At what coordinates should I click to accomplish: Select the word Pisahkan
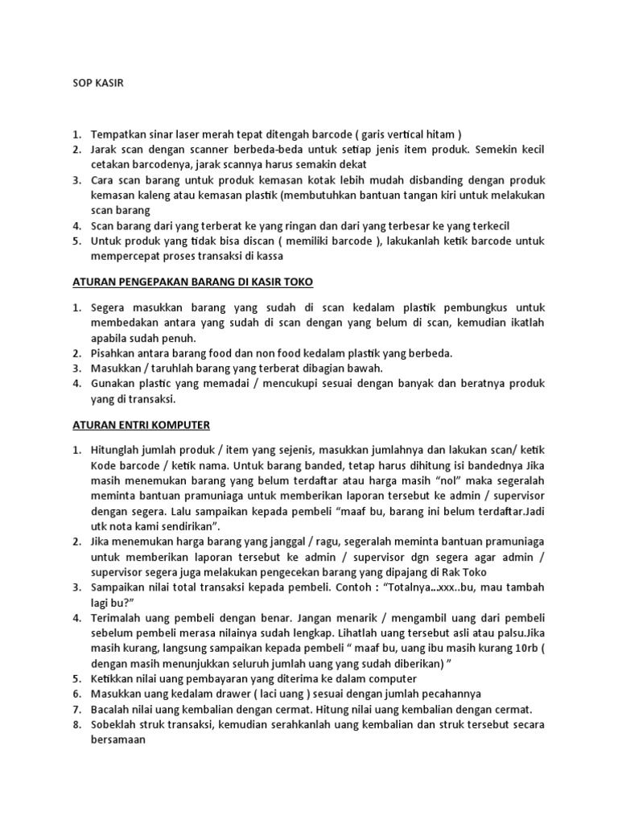(x=115, y=353)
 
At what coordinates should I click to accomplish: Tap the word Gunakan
(x=116, y=384)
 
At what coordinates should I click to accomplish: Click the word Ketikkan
(x=117, y=680)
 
